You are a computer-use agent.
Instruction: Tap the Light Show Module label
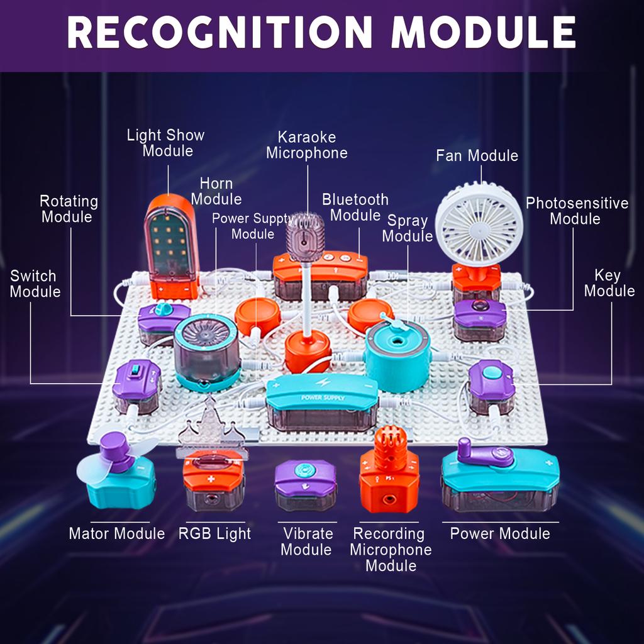pos(166,143)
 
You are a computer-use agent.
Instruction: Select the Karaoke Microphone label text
pos(307,145)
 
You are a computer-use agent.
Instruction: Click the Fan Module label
pos(477,155)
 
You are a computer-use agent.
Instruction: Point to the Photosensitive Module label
pos(577,211)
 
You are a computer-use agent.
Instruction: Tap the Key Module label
pos(609,283)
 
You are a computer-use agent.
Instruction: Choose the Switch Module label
pos(35,284)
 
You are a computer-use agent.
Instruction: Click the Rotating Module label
pos(69,209)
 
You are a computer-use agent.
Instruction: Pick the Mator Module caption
pos(116,534)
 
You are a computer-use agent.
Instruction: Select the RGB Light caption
pos(214,534)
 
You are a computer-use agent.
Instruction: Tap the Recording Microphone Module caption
pos(391,549)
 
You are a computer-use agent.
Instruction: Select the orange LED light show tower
pos(171,245)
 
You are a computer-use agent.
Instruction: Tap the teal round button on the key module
pos(492,372)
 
